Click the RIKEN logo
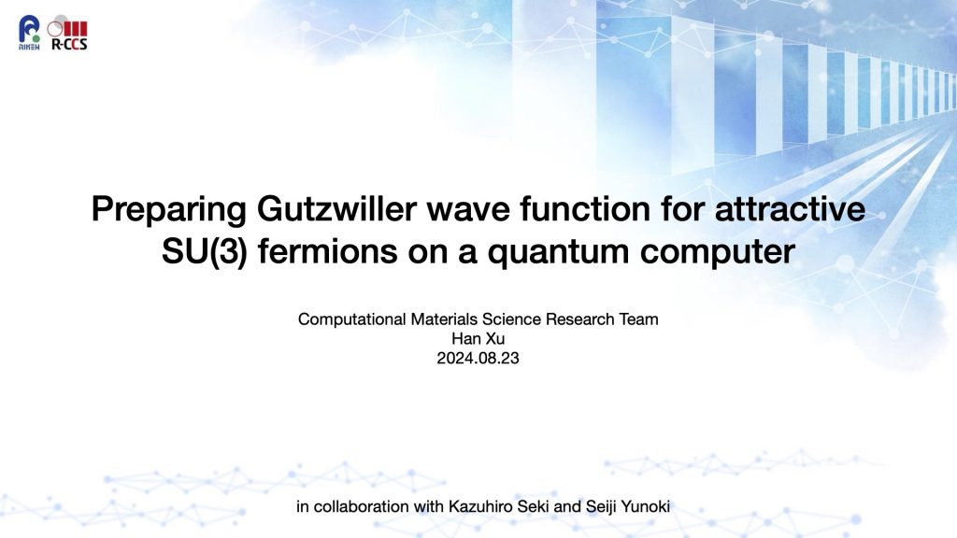point(29,33)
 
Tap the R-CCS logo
point(67,35)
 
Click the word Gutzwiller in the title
point(336,208)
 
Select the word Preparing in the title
point(168,210)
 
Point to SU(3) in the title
point(205,251)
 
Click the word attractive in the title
point(790,208)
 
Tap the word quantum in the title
point(558,252)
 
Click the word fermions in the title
point(327,250)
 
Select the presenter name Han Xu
point(478,338)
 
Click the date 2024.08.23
point(478,358)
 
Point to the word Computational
point(351,319)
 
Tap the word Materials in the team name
point(444,319)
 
